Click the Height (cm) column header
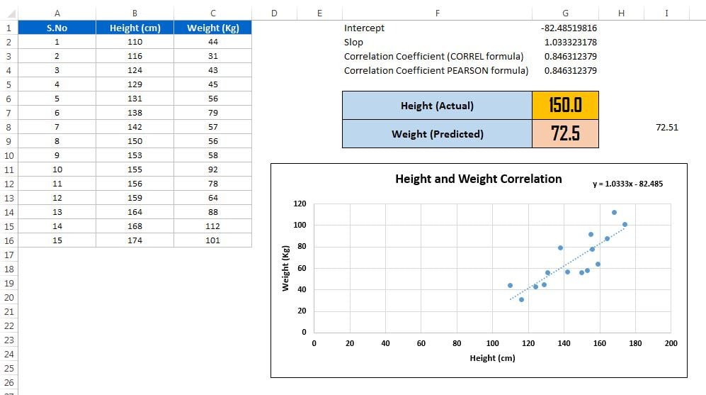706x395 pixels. pyautogui.click(x=135, y=28)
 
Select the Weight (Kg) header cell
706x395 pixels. pyautogui.click(x=212, y=28)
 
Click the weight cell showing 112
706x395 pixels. pyautogui.click(x=212, y=226)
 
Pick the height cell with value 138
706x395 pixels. pyautogui.click(x=135, y=113)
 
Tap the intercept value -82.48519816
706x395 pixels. pyautogui.click(x=568, y=28)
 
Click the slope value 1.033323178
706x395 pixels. pyautogui.click(x=570, y=43)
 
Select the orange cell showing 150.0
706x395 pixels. pyautogui.click(x=565, y=106)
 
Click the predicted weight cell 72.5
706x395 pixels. pyautogui.click(x=565, y=133)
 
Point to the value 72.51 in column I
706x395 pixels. pyautogui.click(x=667, y=128)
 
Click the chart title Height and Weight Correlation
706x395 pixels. pyautogui.click(x=478, y=179)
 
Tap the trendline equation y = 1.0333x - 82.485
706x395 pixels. pyautogui.click(x=627, y=184)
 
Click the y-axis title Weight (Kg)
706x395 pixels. pyautogui.click(x=285, y=268)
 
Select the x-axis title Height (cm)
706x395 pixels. pyautogui.click(x=492, y=358)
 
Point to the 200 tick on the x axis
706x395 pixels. pyautogui.click(x=671, y=343)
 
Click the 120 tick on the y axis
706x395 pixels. pyautogui.click(x=299, y=204)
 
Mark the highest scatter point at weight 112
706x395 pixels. pyautogui.click(x=614, y=213)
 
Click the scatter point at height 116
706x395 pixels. pyautogui.click(x=521, y=299)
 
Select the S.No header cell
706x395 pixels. pyautogui.click(x=57, y=28)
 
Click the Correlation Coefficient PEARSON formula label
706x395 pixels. pyautogui.click(x=435, y=70)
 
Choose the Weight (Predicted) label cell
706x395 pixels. pyautogui.click(x=437, y=133)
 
